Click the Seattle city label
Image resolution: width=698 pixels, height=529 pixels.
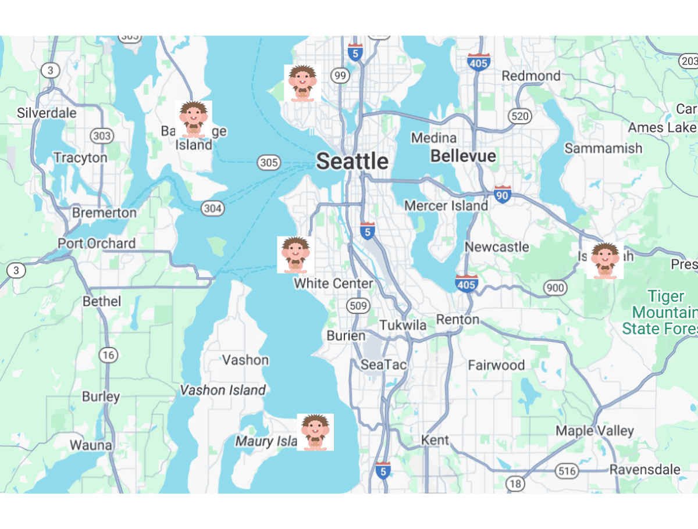[352, 161]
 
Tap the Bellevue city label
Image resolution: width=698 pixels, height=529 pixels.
[463, 156]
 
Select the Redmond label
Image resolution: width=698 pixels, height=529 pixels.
[531, 76]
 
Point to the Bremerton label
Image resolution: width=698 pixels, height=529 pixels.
[104, 213]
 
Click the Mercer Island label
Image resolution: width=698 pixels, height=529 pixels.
[446, 206]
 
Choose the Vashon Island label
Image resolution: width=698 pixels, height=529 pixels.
[223, 390]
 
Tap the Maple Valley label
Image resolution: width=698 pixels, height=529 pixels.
[594, 431]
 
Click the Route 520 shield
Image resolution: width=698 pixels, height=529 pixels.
[519, 116]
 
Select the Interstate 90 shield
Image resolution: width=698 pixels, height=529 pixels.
[503, 195]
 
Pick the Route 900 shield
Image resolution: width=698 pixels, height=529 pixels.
[555, 287]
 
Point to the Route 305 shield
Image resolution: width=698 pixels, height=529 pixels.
[269, 162]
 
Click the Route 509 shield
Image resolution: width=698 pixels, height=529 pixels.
[357, 305]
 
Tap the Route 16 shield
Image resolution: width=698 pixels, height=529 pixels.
[108, 354]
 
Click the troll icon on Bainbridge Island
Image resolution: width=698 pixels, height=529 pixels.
[194, 119]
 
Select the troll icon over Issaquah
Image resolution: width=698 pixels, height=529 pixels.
[605, 260]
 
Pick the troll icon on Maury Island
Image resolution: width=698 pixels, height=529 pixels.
[315, 432]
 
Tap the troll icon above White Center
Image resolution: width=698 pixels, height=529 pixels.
[295, 255]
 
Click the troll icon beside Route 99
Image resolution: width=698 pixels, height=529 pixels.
[302, 83]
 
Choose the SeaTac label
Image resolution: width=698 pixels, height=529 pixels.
[383, 365]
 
